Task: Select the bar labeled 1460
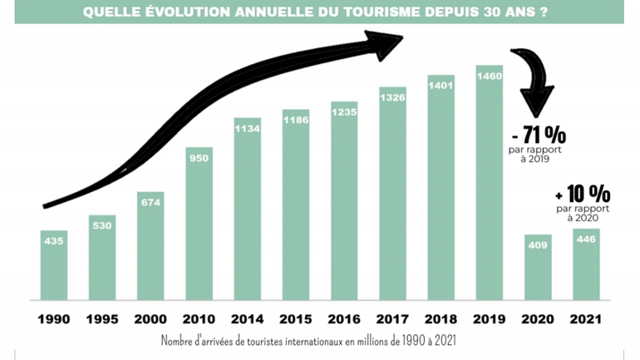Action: [x=489, y=183]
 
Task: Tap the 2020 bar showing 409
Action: [x=538, y=267]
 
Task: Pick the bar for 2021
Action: [x=586, y=264]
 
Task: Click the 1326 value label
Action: [x=392, y=97]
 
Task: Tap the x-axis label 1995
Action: [x=102, y=319]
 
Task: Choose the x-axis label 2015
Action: [x=295, y=319]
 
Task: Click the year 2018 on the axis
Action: [x=441, y=319]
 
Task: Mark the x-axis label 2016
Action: [x=343, y=319]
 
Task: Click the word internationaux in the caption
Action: [x=331, y=342]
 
